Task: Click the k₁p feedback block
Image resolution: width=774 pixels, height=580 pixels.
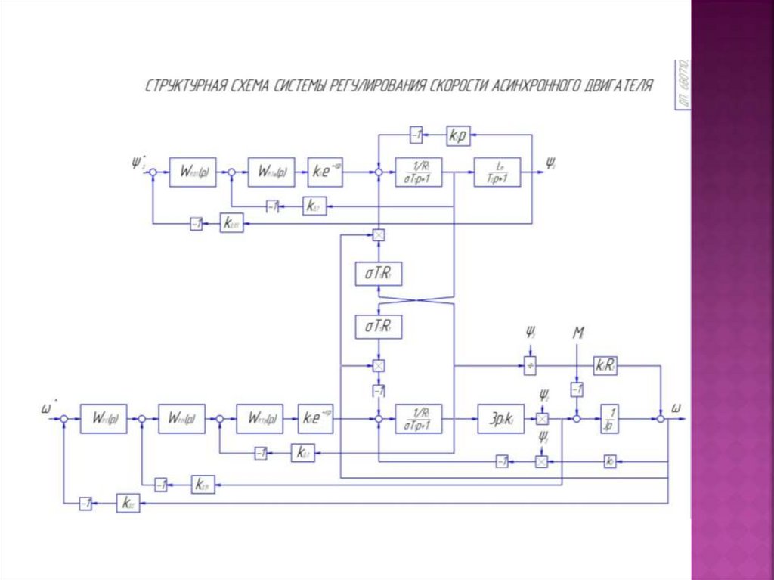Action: pyautogui.click(x=459, y=135)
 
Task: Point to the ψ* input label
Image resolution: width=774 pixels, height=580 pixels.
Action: pyautogui.click(x=138, y=162)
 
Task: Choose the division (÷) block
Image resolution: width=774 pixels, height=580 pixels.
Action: pyautogui.click(x=531, y=366)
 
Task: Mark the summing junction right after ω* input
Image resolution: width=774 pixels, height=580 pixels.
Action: pyautogui.click(x=65, y=417)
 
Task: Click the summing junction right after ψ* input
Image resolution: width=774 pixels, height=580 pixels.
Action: pyautogui.click(x=153, y=172)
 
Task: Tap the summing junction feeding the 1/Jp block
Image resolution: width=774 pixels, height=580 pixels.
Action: pyautogui.click(x=577, y=417)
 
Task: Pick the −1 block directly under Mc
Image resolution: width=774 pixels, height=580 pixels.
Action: pyautogui.click(x=577, y=390)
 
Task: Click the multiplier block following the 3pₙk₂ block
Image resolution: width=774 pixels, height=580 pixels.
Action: pyautogui.click(x=541, y=417)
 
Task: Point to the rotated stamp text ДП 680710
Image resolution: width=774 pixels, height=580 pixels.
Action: pyautogui.click(x=682, y=84)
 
